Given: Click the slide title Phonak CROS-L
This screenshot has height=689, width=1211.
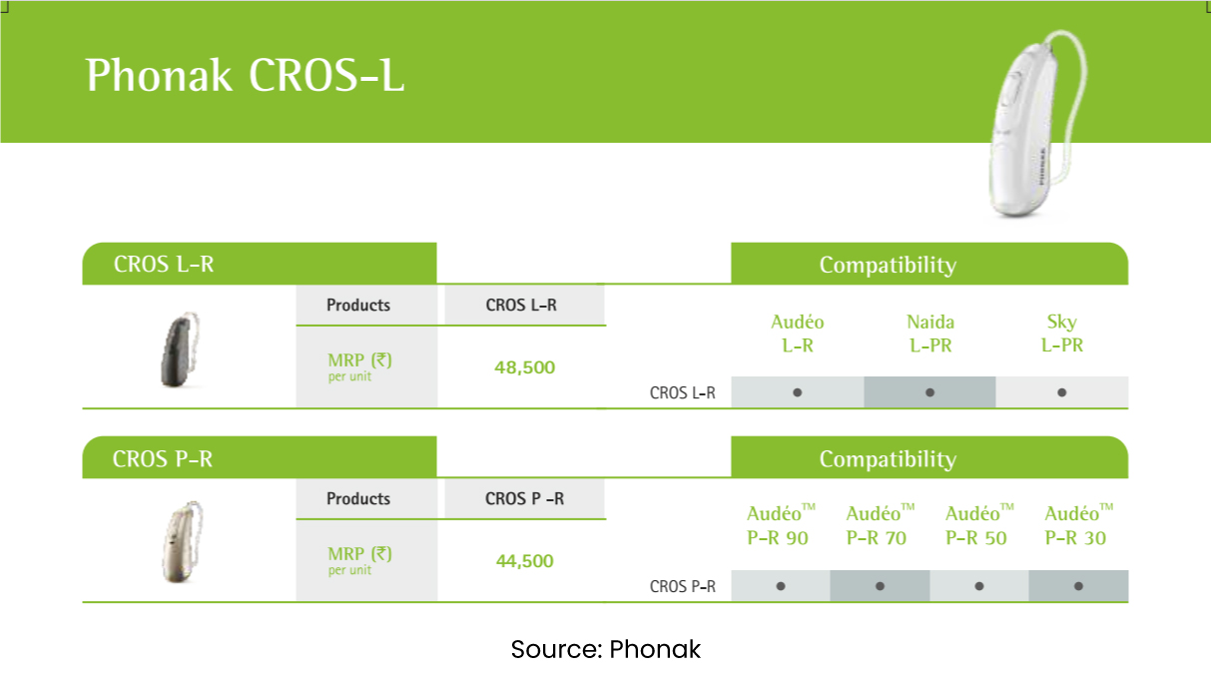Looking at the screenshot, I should pos(246,76).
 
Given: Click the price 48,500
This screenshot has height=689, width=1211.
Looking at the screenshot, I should pos(524,367).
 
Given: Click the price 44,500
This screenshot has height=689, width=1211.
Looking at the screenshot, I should pos(524,561).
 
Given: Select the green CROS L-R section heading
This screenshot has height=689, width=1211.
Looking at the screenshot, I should pos(164,265).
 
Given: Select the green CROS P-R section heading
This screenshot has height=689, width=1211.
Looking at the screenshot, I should pos(163,459).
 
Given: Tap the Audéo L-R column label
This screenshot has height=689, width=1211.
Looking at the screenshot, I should pos(798,334).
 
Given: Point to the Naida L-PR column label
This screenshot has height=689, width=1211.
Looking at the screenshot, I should pos(929,334).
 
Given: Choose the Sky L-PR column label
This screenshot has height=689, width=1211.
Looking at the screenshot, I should pos(1061,334).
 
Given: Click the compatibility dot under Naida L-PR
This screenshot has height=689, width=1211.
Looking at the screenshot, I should pos(929,392).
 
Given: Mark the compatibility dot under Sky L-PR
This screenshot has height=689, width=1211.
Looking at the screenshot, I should pos(1061,392).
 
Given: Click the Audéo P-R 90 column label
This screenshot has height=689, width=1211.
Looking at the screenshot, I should pos(780,526).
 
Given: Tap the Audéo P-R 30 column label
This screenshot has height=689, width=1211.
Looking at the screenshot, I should pos(1078,526).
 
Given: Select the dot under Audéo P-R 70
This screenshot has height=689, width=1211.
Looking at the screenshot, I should pos(880,586).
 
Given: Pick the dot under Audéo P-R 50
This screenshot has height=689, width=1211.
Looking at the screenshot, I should pos(979,586).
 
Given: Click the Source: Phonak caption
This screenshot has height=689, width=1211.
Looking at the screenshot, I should pos(606,650).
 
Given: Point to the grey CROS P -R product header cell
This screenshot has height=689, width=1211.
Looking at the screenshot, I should pos(524,498).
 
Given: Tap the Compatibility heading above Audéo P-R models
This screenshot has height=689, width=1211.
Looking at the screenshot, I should pos(888,459).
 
